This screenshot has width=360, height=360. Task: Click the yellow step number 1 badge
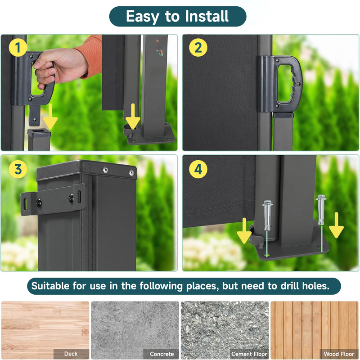coord(18,48)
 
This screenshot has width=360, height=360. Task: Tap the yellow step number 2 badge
coord(198,48)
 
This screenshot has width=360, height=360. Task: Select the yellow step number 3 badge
coord(18,169)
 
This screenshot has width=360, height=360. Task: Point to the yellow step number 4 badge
coord(198,169)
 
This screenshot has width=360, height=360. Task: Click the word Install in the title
coord(207,16)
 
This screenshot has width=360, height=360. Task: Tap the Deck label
coord(71,354)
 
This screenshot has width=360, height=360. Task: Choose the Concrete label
coord(162,354)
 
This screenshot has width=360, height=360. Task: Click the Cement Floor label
coord(249,354)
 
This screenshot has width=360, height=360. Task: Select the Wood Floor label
coord(339,354)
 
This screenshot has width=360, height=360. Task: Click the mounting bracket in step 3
coord(53,200)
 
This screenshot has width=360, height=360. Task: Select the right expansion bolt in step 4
coord(321,209)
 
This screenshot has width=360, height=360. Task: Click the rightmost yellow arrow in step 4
coord(336,225)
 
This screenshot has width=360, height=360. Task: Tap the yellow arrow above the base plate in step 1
coord(133,116)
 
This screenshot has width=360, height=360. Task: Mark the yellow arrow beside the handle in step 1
coord(50,117)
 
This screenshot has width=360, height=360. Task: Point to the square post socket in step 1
coord(39,139)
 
